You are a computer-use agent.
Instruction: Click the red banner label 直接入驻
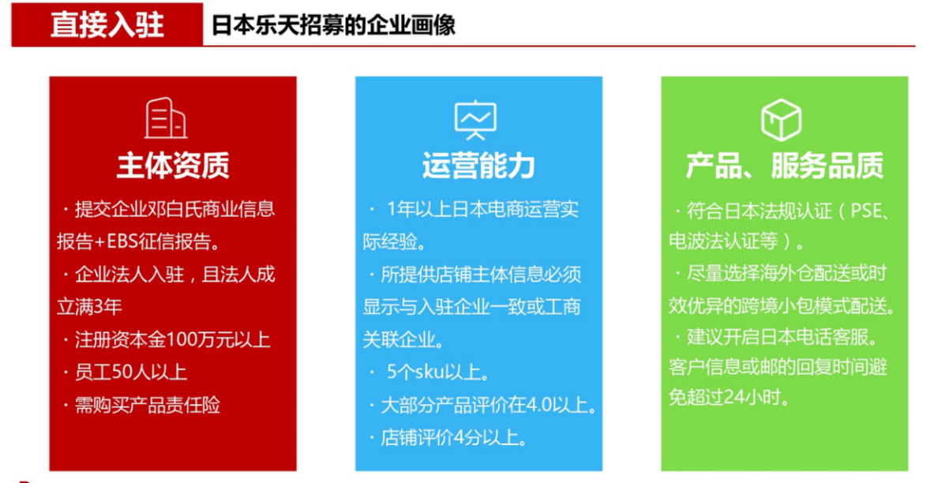pyautogui.click(x=107, y=25)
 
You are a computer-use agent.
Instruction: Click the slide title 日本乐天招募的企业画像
pyautogui.click(x=332, y=25)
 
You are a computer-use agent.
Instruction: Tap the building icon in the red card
pyautogui.click(x=166, y=118)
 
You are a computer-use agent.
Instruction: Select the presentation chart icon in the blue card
pyautogui.click(x=475, y=121)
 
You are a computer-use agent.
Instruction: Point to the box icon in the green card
pyautogui.click(x=781, y=120)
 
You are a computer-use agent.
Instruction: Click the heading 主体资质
pyautogui.click(x=173, y=166)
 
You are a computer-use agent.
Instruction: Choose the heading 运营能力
pyautogui.click(x=479, y=166)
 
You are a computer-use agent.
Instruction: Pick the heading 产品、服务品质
pyautogui.click(x=784, y=166)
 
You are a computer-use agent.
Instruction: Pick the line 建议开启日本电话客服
pyautogui.click(x=780, y=338)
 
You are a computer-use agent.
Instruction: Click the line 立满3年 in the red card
pyautogui.click(x=89, y=307)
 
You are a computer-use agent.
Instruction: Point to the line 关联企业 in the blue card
pyautogui.click(x=401, y=339)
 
